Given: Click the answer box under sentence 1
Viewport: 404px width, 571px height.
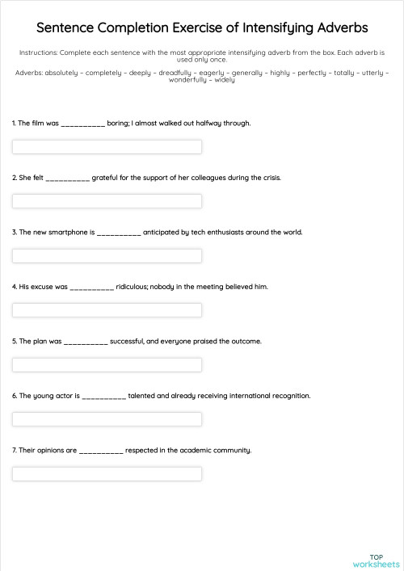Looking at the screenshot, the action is [107, 147].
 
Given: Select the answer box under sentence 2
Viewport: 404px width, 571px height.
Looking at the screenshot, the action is [107, 201].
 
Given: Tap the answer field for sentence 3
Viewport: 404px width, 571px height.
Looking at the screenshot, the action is [107, 256].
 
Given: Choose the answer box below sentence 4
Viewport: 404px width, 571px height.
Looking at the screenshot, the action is [107, 310].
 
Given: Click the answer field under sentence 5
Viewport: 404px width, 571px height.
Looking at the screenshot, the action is [107, 365].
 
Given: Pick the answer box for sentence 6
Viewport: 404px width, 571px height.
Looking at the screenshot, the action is [107, 419].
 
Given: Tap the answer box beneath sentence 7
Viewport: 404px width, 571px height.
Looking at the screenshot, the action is [107, 474].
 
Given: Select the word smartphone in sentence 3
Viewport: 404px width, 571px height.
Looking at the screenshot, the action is [69, 233].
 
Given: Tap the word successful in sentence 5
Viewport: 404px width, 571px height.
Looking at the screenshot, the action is [127, 342].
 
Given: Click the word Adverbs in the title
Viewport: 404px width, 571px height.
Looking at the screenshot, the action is [339, 28].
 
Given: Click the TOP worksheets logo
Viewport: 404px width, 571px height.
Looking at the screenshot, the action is [376, 560].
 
